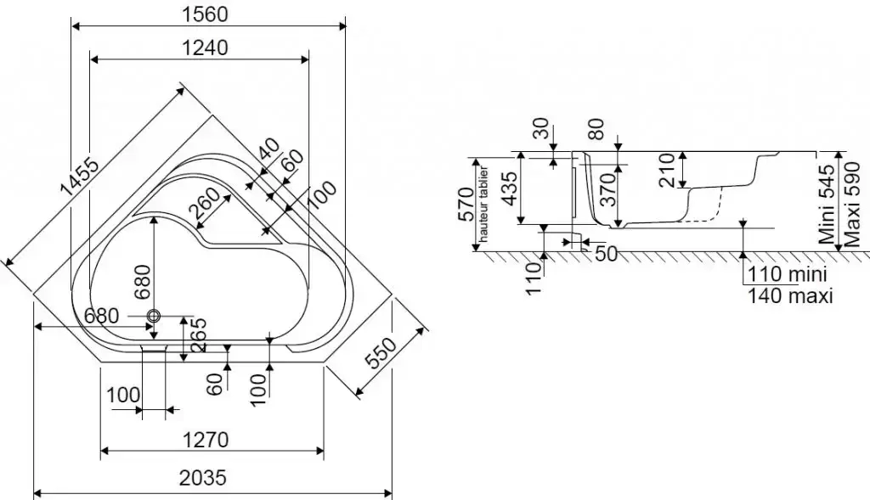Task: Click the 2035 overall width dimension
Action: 204,478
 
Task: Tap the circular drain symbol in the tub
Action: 154,316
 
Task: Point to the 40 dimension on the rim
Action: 268,151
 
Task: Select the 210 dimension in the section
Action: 665,170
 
